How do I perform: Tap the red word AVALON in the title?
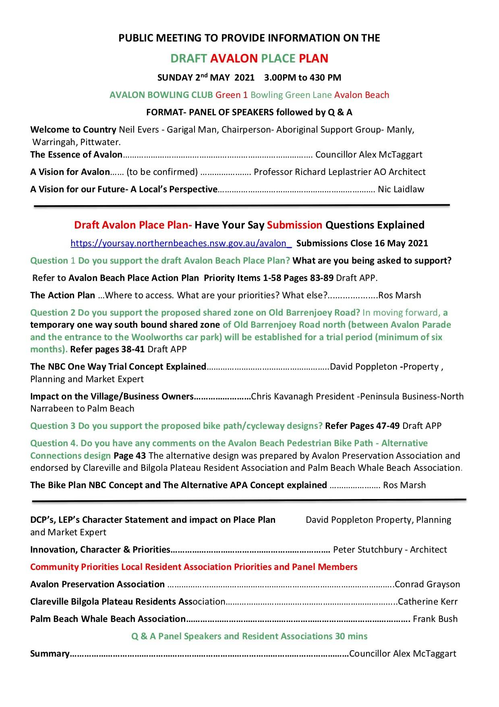pos(234,59)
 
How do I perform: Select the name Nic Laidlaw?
pos(401,189)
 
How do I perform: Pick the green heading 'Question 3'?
pos(53,426)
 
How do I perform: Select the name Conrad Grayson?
pos(427,584)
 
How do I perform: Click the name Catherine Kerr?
pos(428,602)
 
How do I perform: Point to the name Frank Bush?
pos(435,619)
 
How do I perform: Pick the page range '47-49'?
pos(388,426)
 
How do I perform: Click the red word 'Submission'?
pos(294,225)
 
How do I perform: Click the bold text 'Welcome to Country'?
pos(73,130)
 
